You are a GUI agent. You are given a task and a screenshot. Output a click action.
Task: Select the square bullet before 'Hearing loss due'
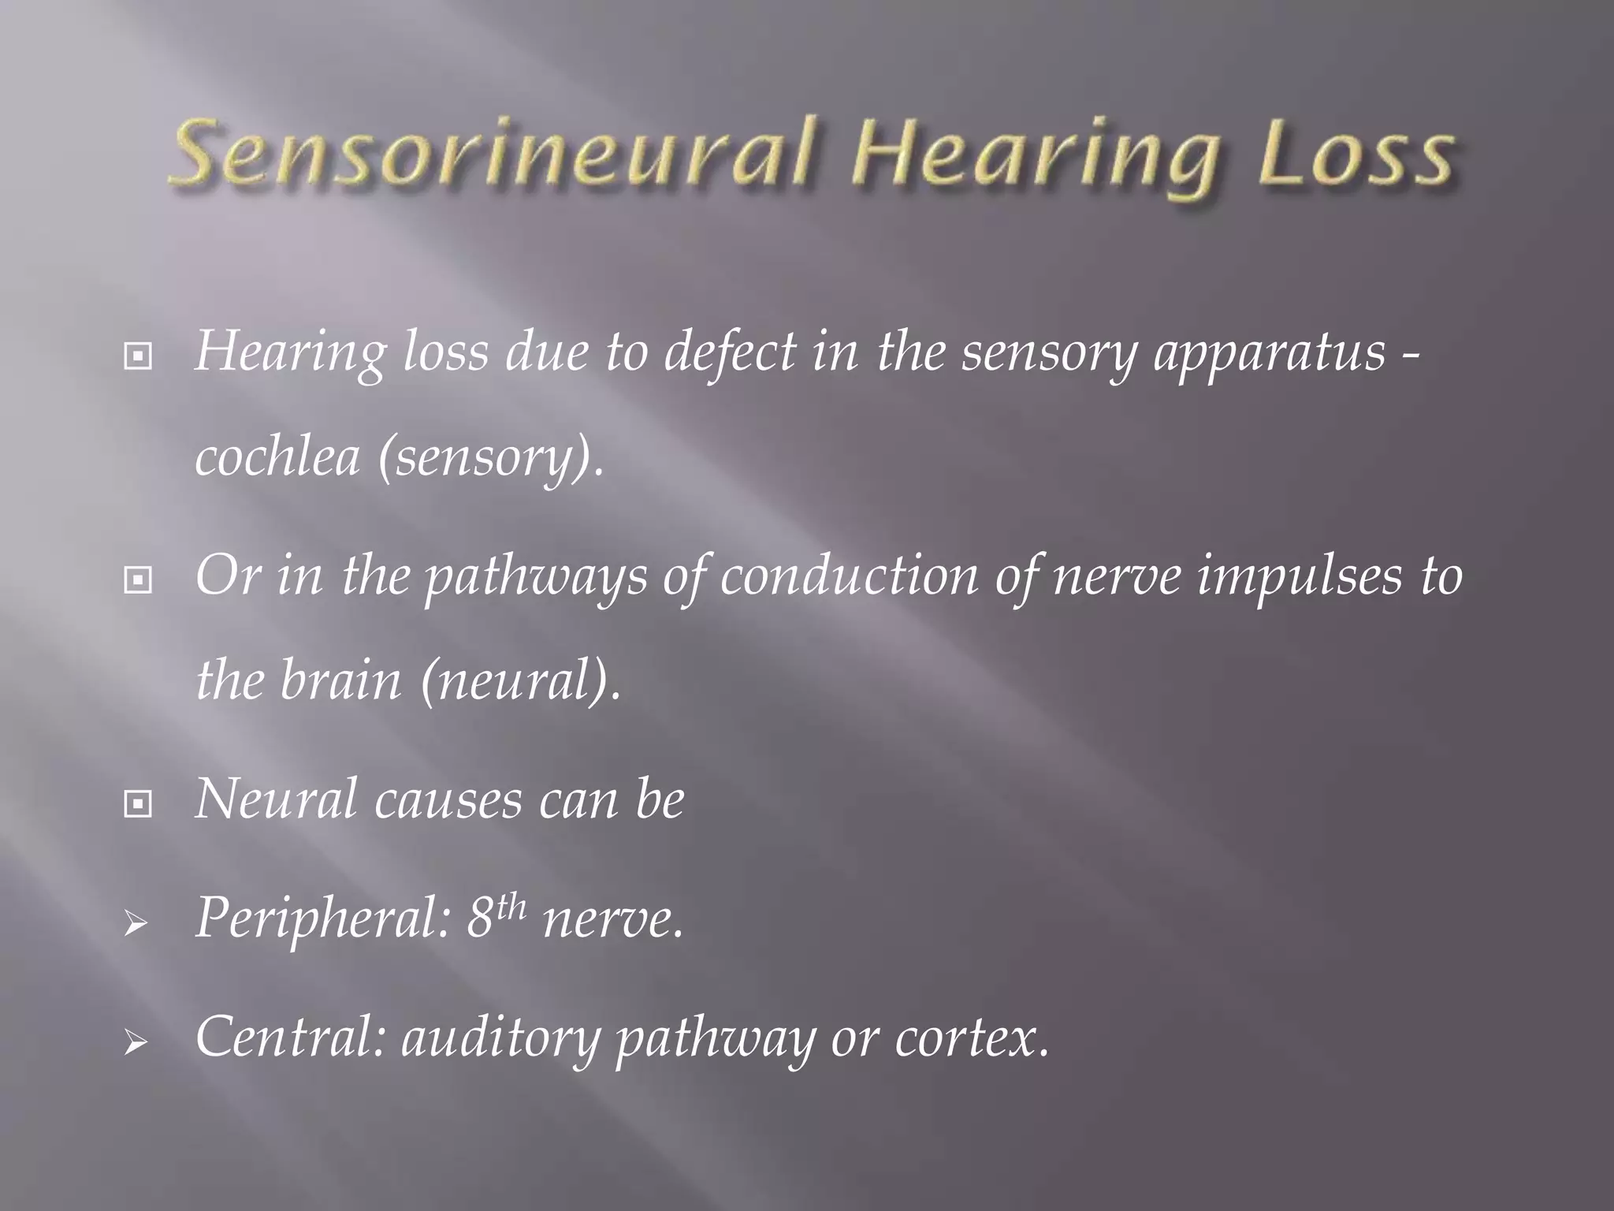[138, 357]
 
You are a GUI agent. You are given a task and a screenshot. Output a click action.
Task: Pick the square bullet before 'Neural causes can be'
[138, 805]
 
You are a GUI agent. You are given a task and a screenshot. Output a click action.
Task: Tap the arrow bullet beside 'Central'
[136, 1045]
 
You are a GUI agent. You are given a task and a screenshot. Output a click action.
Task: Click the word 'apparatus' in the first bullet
[1269, 353]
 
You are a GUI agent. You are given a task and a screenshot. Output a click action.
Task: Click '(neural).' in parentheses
[520, 683]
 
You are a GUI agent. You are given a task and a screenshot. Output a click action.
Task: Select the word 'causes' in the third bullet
[448, 801]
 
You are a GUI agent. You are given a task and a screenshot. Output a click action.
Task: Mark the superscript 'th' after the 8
[511, 907]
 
